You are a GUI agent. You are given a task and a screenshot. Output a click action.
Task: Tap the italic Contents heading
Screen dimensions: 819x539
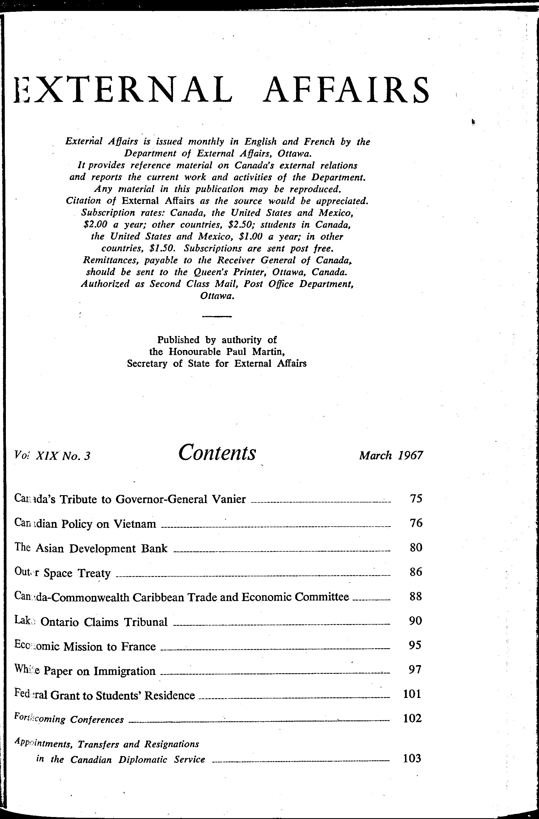pos(217,452)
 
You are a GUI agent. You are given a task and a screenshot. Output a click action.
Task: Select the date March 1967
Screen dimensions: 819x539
pos(391,456)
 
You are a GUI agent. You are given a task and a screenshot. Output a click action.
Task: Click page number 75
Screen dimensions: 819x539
pos(416,499)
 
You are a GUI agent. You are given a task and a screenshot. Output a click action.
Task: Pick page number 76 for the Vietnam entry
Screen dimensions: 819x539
pos(416,523)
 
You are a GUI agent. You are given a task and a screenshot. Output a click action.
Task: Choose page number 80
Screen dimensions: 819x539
pos(416,547)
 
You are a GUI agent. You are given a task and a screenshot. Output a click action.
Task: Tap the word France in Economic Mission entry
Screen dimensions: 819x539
pos(138,647)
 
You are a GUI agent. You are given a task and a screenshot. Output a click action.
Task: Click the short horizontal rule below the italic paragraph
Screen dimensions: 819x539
pos(217,316)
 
